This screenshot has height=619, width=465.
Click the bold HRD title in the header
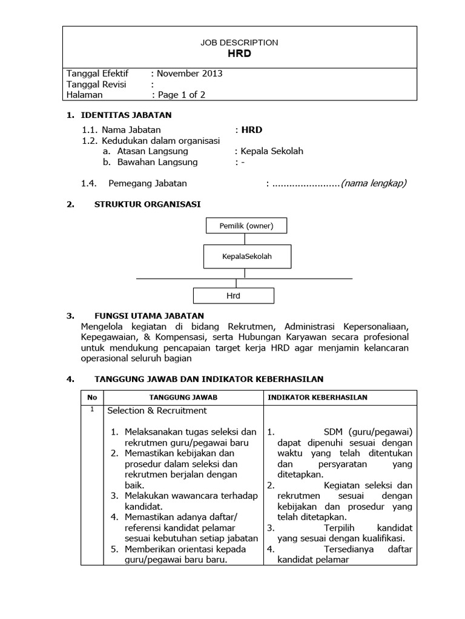coord(239,53)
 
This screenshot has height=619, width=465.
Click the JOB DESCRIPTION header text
coord(239,42)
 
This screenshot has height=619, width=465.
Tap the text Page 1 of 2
coord(181,94)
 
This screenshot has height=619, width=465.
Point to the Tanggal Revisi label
coord(96,84)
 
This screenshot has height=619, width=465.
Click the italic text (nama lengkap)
coord(374,183)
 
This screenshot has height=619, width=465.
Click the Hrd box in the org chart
coord(234,296)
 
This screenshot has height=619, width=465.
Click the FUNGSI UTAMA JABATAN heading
coord(149,316)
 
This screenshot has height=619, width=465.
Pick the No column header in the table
coord(92,397)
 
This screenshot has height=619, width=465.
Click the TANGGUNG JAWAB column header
coord(183,397)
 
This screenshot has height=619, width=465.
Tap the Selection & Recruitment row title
coord(157,410)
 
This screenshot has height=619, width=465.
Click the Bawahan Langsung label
coord(157,162)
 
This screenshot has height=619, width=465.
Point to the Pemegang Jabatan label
coord(148,183)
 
